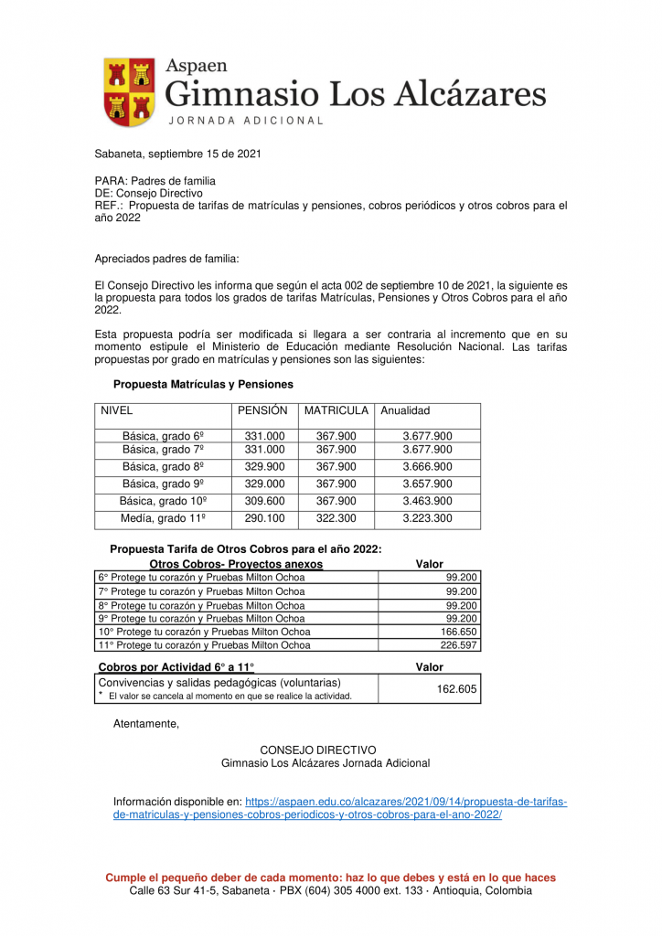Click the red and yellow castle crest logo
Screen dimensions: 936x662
129,92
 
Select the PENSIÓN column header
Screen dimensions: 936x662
262,411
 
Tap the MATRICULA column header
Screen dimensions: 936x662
336,411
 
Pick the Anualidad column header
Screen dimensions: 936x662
405,411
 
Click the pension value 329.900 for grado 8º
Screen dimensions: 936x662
264,467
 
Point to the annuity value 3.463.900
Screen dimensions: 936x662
427,502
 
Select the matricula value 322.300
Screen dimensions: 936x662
336,518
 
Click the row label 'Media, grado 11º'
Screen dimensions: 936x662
163,518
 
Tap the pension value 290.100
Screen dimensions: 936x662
264,518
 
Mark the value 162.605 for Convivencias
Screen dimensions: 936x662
456,689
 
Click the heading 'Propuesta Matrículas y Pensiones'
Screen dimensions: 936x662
203,385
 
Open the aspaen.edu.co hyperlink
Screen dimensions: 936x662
339,808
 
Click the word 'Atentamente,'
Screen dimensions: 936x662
146,725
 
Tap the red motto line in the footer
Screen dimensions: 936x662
330,877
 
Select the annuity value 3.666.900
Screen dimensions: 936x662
427,467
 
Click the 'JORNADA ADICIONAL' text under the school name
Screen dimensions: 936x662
245,121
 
